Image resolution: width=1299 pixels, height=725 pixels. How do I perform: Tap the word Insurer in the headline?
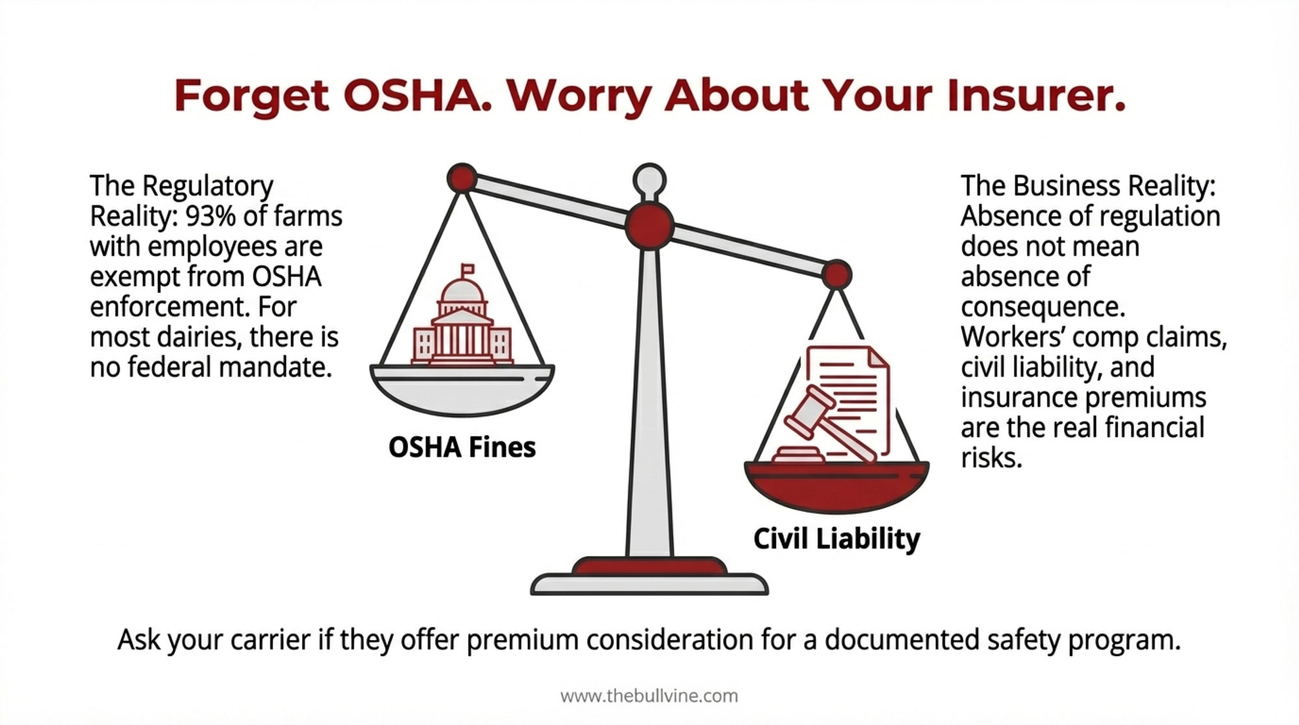[1035, 95]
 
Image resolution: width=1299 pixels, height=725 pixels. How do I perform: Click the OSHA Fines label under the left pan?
[462, 447]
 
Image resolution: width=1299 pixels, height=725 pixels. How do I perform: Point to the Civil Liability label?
[837, 539]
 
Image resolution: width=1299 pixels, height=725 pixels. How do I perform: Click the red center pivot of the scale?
[649, 225]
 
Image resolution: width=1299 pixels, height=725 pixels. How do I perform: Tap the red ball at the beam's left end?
[462, 177]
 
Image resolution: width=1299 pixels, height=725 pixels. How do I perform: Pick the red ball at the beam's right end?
[837, 275]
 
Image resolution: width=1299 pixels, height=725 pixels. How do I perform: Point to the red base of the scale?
[649, 566]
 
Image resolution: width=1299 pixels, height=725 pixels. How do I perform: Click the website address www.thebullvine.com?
[649, 696]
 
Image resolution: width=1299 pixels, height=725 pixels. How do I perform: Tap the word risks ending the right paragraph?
[991, 458]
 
